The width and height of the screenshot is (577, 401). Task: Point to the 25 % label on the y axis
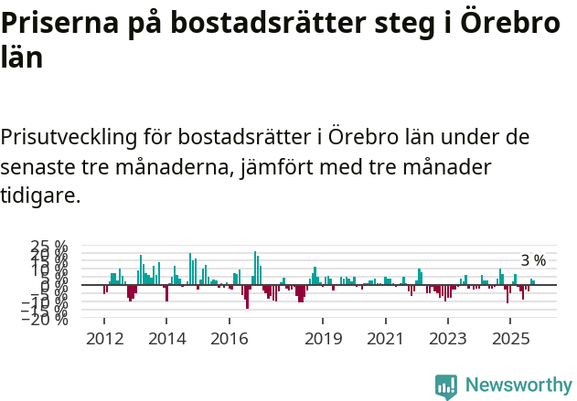point(49,247)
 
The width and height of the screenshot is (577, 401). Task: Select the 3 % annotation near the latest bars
point(533,261)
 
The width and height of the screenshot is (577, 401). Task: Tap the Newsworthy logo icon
point(446,385)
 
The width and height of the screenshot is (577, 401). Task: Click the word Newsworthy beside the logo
point(518,385)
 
